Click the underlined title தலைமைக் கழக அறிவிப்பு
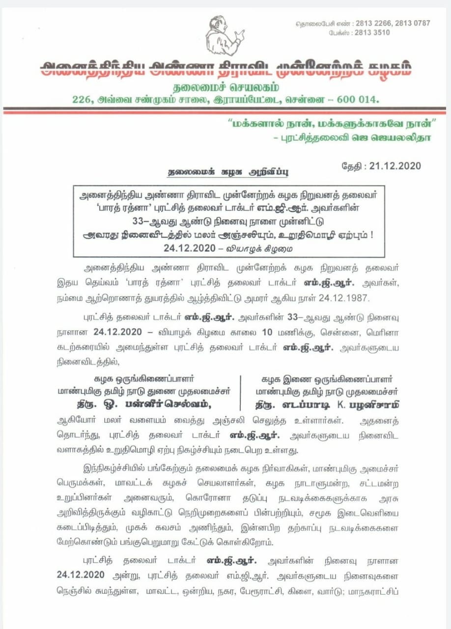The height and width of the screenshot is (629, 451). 228,172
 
